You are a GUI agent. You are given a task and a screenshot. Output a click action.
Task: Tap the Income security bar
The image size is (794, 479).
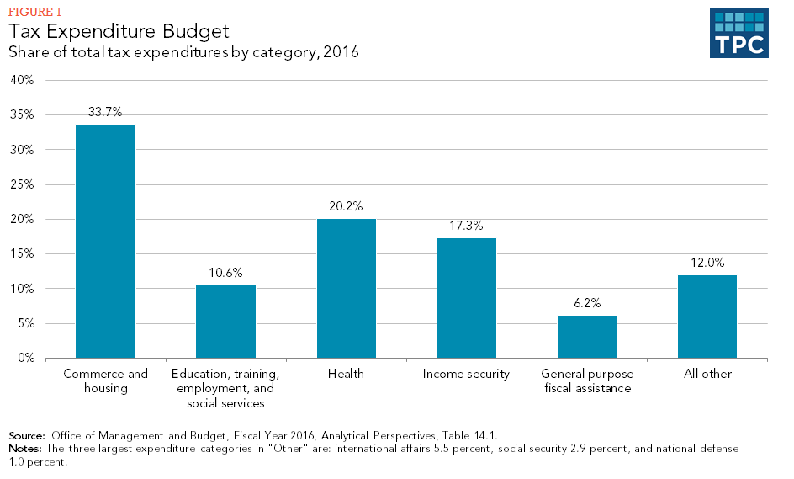tap(466, 298)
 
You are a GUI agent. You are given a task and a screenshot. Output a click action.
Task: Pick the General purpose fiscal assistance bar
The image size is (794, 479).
tap(587, 337)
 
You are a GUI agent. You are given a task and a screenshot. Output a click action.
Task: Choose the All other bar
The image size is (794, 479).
tap(707, 317)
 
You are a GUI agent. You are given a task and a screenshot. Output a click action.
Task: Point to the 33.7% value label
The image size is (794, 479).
tap(105, 111)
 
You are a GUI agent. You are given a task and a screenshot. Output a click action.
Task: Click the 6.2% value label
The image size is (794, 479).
tap(587, 303)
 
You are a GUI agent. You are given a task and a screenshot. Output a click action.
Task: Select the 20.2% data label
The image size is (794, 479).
tap(346, 205)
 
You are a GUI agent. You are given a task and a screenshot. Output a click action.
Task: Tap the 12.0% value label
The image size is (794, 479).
tap(707, 263)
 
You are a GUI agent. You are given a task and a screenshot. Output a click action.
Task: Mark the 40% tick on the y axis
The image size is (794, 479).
tap(22, 81)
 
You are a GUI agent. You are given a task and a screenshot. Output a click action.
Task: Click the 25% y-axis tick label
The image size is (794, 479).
tap(22, 185)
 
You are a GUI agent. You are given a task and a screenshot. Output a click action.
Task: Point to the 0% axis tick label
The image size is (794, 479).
tap(24, 359)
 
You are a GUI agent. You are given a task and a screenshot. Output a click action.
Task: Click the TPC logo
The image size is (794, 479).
tap(738, 34)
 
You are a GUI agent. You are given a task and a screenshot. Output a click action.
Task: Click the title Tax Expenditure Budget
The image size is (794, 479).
tap(119, 32)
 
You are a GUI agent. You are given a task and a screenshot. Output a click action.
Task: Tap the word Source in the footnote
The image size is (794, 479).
tap(26, 435)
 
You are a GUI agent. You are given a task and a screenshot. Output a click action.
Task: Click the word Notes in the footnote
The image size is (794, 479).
tap(24, 449)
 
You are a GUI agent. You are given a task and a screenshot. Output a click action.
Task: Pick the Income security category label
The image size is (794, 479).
tap(466, 374)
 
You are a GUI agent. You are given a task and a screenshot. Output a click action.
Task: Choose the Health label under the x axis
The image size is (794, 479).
tap(346, 374)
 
